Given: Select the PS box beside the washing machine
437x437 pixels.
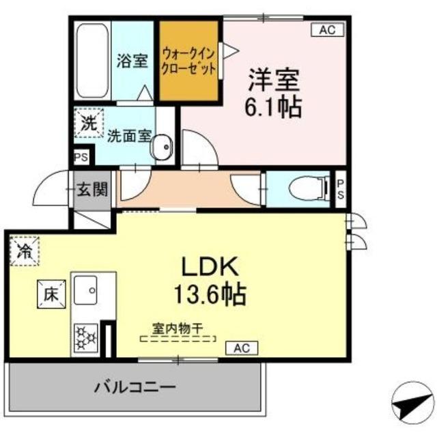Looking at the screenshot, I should [81, 157].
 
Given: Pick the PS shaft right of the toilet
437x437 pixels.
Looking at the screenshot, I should [341, 188].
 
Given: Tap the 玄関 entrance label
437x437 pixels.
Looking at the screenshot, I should [92, 189].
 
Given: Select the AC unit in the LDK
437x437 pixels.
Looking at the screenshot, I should [242, 348].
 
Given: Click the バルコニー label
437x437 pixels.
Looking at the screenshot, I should [133, 388].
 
